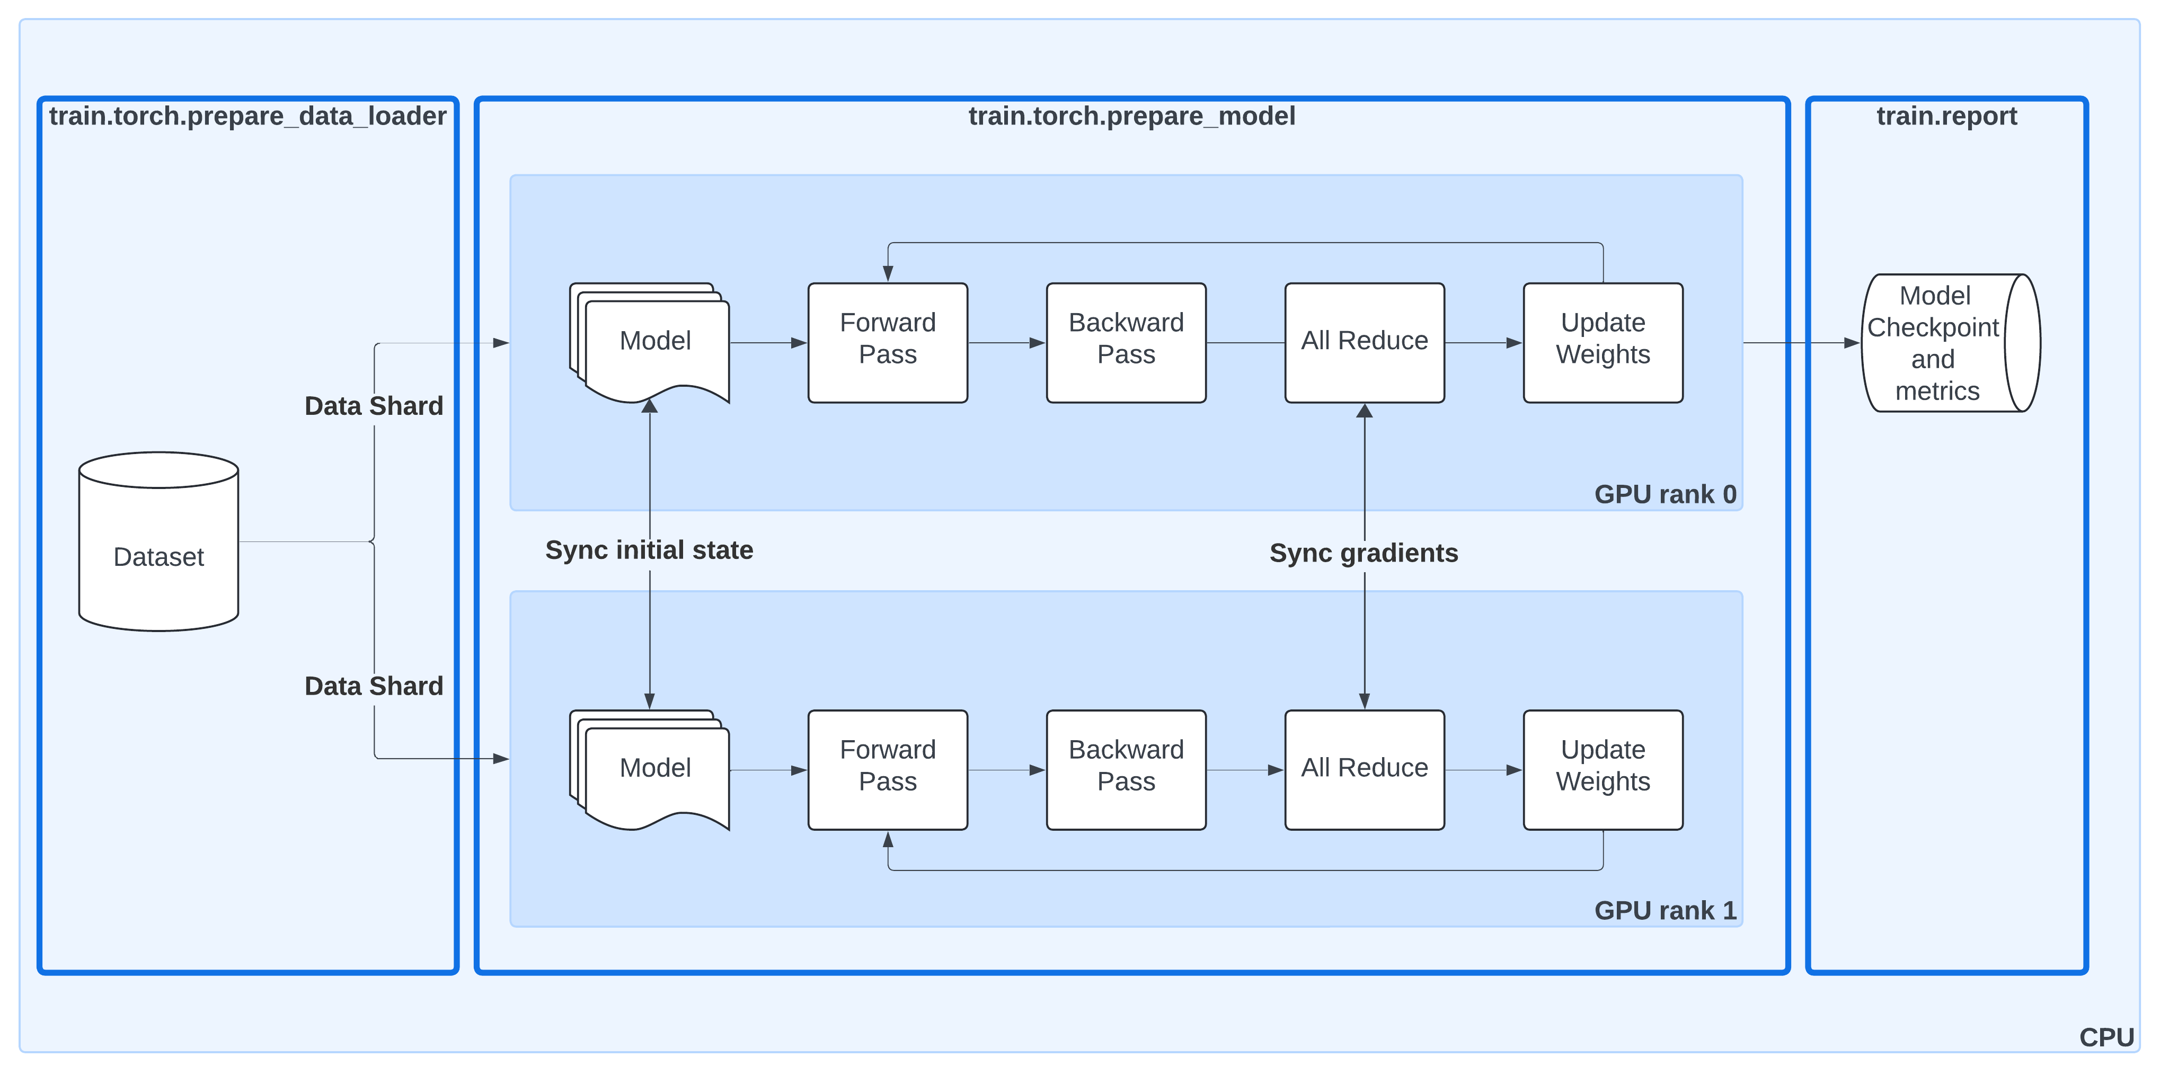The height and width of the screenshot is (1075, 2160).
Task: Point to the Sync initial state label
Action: click(649, 550)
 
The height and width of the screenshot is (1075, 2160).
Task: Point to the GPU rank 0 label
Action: click(1665, 494)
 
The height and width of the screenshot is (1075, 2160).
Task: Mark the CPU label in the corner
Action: click(2105, 1037)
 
